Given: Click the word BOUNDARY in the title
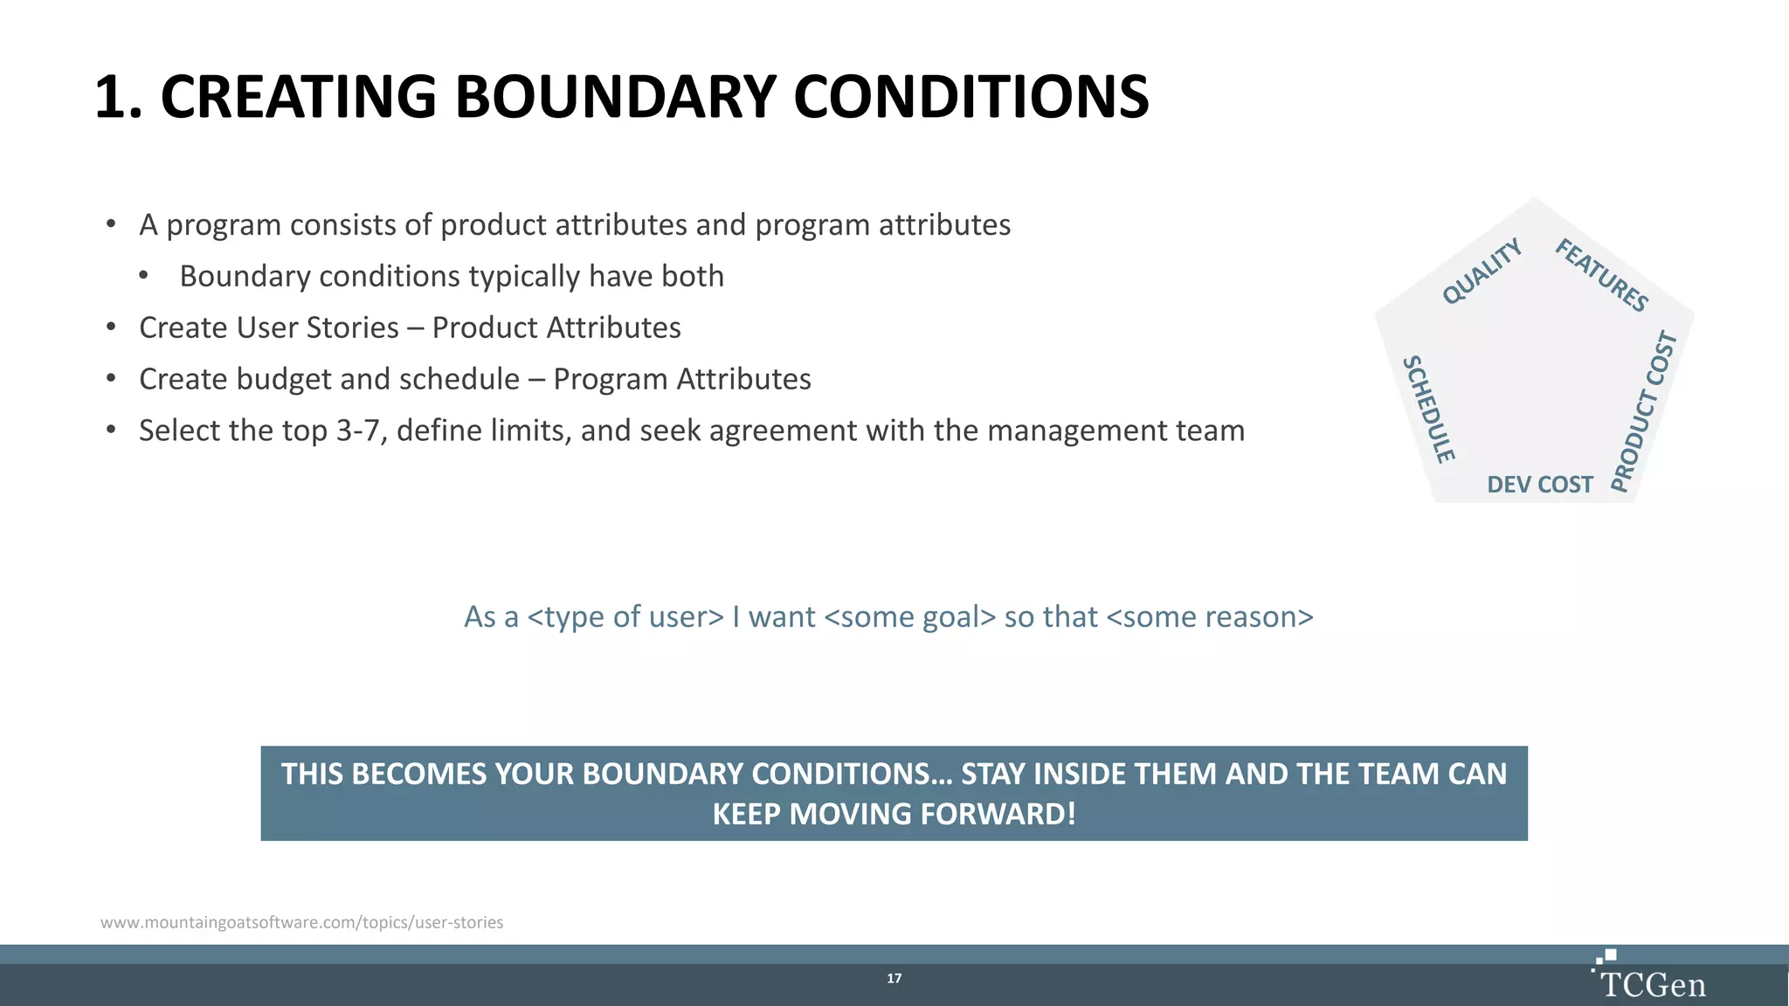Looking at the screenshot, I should pos(615,97).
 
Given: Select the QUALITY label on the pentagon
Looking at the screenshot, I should pos(1482,271).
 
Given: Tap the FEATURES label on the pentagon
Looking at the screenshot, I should pos(1601,275).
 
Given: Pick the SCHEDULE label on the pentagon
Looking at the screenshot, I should pos(1428,409).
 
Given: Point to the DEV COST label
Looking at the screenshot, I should pos(1539,485).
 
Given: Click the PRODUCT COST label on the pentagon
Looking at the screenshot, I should pos(1643,411).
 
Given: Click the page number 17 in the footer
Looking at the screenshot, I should pos(894,978).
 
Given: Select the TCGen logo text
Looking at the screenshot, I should pos(1653,985).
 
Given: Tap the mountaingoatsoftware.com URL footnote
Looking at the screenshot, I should pos(301,922).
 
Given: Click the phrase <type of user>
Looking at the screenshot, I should pos(625,617).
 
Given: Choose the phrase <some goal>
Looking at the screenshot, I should pos(909,617).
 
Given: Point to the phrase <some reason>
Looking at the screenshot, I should pos(1209,617).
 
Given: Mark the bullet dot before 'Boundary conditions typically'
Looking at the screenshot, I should pos(143,276).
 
